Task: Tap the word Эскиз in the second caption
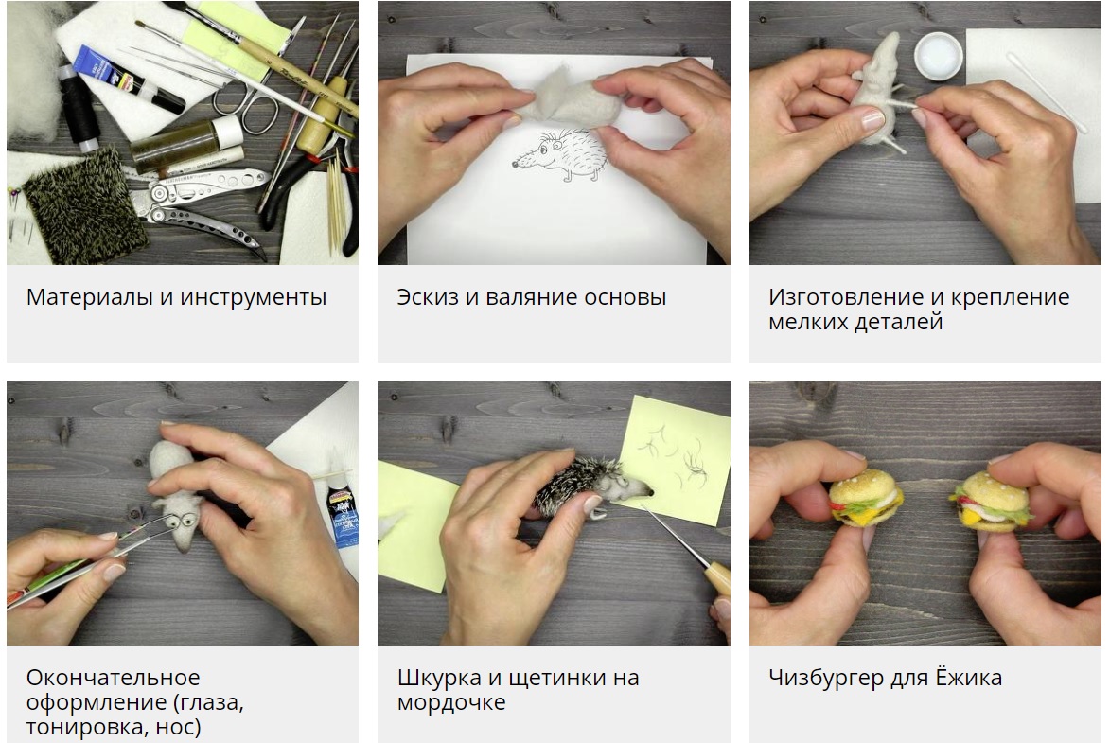tap(428, 297)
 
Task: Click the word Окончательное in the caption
tap(114, 678)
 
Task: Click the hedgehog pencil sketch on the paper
tap(560, 155)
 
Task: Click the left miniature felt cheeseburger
tap(866, 497)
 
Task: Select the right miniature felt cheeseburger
tap(991, 502)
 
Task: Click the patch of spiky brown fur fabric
tap(85, 206)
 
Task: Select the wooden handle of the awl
tap(718, 576)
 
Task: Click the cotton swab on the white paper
tap(1047, 92)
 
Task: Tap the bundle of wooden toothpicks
tap(336, 205)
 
